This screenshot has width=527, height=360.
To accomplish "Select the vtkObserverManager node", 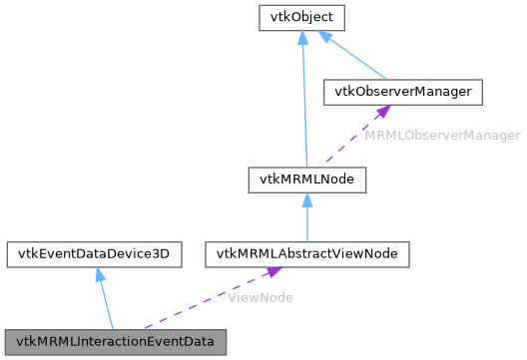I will (x=403, y=92).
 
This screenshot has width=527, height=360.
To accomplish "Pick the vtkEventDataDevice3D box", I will (x=94, y=254).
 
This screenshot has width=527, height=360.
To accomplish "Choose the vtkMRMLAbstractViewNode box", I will (x=307, y=254).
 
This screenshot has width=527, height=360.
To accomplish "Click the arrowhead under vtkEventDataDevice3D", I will (x=98, y=273).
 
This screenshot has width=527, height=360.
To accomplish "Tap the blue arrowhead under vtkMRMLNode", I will (x=307, y=198).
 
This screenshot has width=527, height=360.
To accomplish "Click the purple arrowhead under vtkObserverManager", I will (x=384, y=112).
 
